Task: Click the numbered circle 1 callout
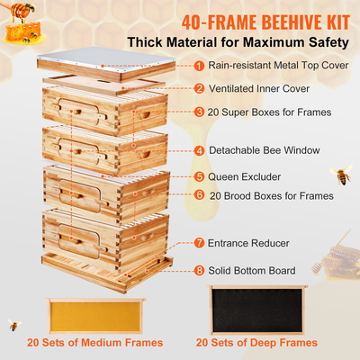[x=198, y=66]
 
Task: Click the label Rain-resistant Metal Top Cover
[x=274, y=66]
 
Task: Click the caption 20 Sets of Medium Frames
[x=94, y=343]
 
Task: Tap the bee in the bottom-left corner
[x=13, y=324]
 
